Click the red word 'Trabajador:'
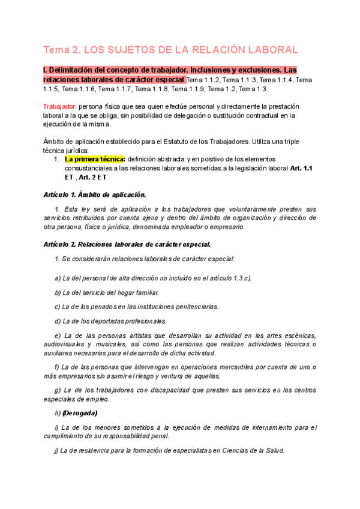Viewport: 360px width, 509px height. click(x=61, y=106)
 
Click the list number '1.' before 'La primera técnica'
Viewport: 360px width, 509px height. click(x=56, y=160)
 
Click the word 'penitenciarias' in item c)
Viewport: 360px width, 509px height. click(x=191, y=306)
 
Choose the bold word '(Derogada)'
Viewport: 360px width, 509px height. click(x=80, y=413)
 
